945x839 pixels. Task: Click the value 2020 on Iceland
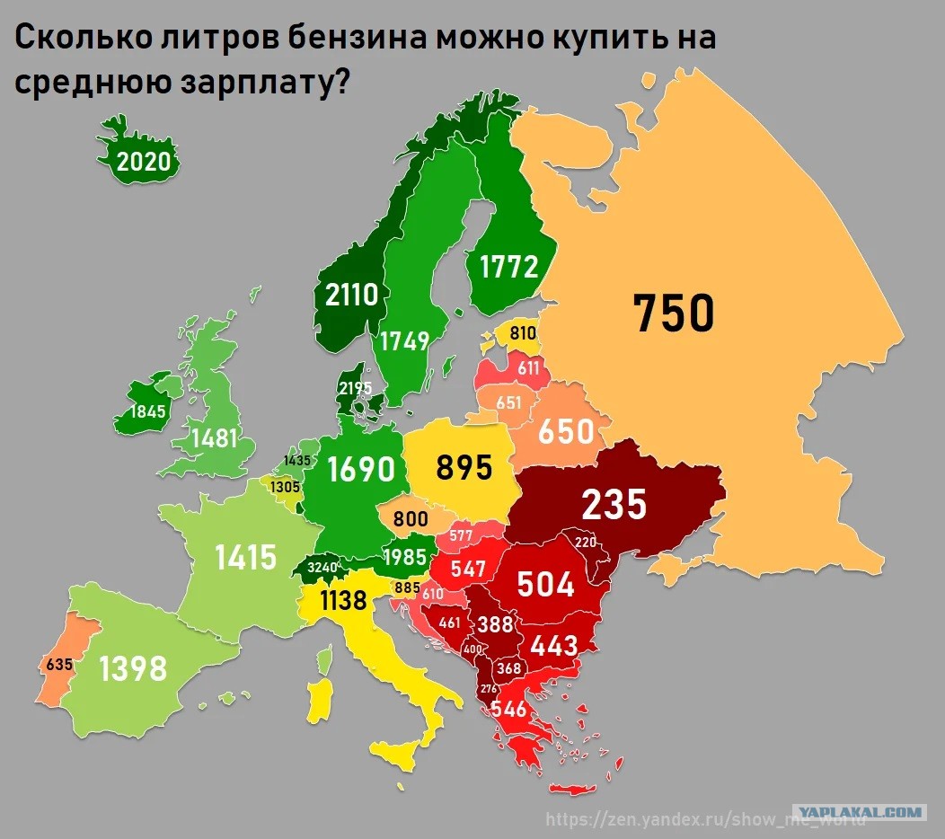click(x=143, y=163)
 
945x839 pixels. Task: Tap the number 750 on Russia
click(x=673, y=313)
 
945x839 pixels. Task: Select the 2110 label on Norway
click(x=352, y=294)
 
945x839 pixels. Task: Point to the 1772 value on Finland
click(x=508, y=267)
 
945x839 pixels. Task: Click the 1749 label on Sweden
click(x=404, y=341)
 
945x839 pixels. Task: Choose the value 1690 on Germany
click(x=360, y=470)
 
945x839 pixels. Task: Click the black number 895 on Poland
click(x=464, y=467)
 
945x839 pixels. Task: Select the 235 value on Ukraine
click(x=614, y=505)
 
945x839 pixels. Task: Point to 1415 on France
click(x=246, y=557)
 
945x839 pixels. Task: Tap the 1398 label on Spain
click(x=133, y=668)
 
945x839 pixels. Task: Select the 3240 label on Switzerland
click(x=322, y=568)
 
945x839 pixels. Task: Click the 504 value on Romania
click(x=545, y=584)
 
